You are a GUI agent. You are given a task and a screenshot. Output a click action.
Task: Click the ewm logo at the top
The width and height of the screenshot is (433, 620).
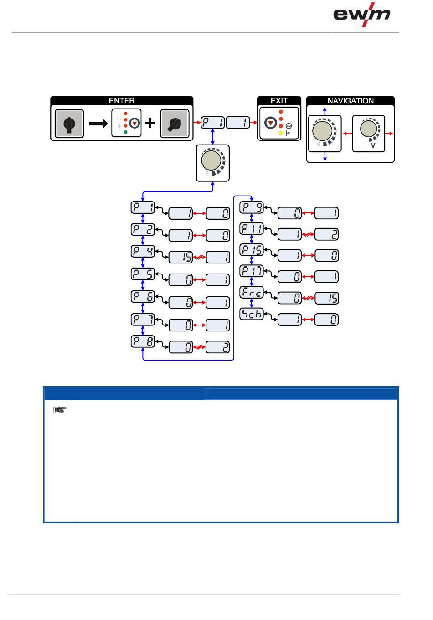tap(361, 15)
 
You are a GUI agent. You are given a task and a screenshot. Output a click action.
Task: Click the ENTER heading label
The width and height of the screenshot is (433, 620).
tap(121, 101)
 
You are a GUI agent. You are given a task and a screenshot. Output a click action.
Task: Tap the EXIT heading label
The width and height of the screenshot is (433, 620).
tap(279, 101)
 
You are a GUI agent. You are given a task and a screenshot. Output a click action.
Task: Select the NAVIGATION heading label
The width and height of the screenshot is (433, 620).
tap(350, 101)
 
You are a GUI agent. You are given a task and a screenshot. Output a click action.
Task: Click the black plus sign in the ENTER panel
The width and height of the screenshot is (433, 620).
tap(149, 123)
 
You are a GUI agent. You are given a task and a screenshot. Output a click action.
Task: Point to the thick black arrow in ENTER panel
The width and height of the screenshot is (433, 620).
tap(98, 123)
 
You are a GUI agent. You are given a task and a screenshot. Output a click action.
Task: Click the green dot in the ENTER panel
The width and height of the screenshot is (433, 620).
tap(126, 132)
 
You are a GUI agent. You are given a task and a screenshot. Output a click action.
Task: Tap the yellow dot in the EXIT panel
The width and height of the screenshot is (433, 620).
tap(281, 133)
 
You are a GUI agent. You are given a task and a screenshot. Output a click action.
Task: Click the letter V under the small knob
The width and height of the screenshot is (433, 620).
tap(373, 145)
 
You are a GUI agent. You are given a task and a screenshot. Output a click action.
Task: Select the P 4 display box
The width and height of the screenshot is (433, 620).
tap(143, 251)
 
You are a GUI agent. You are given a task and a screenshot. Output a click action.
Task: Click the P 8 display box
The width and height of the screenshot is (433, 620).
tap(143, 341)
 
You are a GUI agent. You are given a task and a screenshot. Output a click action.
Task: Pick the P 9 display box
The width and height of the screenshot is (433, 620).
tap(252, 207)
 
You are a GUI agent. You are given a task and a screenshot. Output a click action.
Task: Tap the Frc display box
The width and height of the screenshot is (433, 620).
tap(252, 292)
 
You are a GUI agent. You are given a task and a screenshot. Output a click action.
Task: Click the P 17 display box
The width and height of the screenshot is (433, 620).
tap(252, 271)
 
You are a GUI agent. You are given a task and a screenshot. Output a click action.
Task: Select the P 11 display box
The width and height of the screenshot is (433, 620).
tap(252, 229)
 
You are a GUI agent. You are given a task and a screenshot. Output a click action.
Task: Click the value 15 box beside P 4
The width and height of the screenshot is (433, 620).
tap(180, 257)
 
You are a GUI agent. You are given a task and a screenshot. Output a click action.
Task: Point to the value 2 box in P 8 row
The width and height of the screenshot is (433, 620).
tap(218, 347)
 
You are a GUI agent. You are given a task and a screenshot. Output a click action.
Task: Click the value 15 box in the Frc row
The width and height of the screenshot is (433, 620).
tap(326, 298)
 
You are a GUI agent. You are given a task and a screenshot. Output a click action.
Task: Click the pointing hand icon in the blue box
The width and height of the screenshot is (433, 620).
tap(60, 409)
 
